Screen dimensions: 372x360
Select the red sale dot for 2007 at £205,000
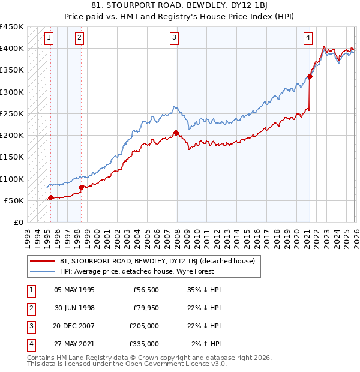click(176, 133)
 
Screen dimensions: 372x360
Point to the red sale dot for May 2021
click(310, 76)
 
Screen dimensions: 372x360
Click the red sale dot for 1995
click(50, 197)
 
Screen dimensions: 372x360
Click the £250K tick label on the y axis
click(11, 113)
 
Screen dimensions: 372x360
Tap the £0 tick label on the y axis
click(18, 222)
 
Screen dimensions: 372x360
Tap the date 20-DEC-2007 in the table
click(74, 326)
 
